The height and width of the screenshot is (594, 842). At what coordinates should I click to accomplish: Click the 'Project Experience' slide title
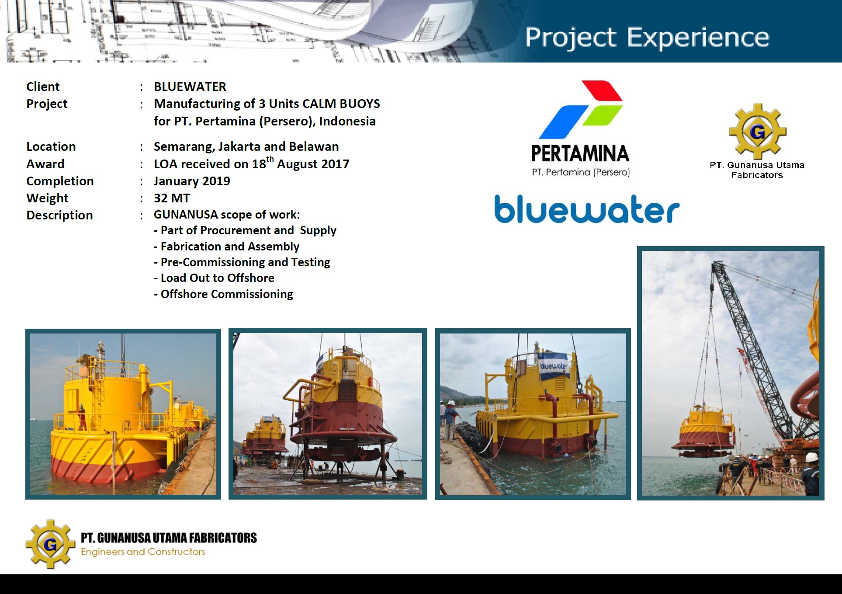click(647, 38)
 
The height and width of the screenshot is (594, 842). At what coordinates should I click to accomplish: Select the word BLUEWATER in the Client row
click(190, 87)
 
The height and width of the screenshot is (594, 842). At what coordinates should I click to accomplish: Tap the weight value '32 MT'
click(172, 198)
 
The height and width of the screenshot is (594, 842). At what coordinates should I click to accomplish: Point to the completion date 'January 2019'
click(192, 181)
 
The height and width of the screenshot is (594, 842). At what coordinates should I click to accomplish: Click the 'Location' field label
click(51, 146)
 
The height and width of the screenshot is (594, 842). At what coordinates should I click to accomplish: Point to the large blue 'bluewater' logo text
click(587, 209)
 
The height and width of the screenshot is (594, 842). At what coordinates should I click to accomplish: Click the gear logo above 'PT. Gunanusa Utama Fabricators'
click(757, 131)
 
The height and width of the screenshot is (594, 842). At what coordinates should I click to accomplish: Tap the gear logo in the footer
click(50, 544)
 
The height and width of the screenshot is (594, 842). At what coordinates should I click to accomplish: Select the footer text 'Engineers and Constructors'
click(143, 552)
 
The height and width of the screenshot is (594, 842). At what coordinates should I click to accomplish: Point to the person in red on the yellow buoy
click(82, 417)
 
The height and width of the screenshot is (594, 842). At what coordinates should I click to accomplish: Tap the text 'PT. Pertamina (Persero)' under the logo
click(581, 172)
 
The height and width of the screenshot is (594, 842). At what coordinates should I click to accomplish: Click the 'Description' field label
click(59, 215)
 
